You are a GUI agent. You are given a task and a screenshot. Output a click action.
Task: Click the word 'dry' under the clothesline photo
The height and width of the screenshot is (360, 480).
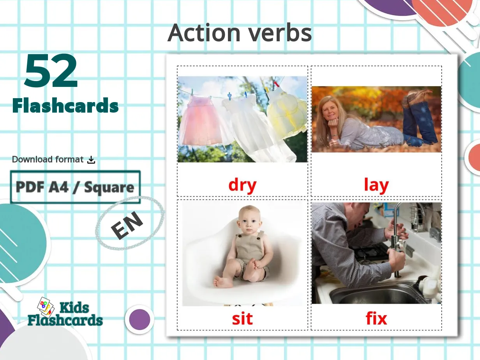[x=242, y=185]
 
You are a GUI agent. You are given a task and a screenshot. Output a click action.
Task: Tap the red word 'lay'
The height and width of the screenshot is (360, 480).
[x=376, y=185]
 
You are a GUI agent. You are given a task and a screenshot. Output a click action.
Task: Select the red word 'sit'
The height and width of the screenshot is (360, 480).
[x=242, y=319]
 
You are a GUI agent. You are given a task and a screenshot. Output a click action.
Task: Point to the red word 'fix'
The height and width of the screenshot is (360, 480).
[x=376, y=319]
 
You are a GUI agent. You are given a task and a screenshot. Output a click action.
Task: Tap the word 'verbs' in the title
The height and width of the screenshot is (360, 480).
[x=281, y=33]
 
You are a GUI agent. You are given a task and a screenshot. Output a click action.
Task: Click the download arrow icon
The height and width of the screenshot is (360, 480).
[x=91, y=159]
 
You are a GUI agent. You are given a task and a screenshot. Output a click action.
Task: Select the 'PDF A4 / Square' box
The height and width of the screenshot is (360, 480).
[x=75, y=187]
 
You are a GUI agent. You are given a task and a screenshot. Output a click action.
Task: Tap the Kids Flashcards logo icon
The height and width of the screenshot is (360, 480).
[x=46, y=308]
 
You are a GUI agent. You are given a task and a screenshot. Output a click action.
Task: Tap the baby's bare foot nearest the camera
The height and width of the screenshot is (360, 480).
[x=222, y=282]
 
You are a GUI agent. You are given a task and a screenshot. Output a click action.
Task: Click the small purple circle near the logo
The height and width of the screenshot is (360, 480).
[x=139, y=319]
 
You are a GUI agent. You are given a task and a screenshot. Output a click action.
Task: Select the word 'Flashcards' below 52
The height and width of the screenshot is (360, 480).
[x=65, y=106]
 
